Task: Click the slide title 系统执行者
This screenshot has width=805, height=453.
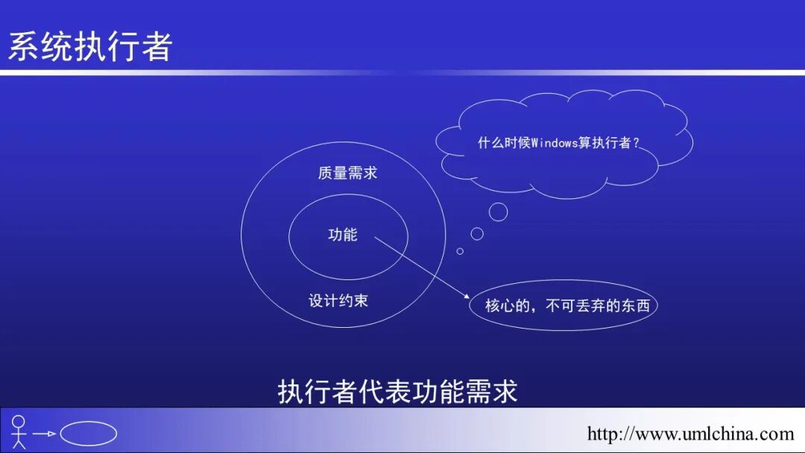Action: click(90, 46)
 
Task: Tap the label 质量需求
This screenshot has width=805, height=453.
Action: click(347, 173)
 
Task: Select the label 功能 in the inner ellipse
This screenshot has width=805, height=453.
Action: click(343, 235)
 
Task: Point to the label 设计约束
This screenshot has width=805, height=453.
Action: click(338, 301)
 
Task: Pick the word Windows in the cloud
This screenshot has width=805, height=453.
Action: click(554, 143)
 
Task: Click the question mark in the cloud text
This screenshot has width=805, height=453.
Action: click(636, 143)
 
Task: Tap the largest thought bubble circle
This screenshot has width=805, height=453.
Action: click(498, 212)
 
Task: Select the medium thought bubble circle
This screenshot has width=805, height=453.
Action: click(477, 234)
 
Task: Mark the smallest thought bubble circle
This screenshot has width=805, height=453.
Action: click(460, 251)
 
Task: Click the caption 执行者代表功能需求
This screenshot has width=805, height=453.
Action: click(397, 392)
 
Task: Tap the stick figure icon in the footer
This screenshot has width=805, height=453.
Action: click(19, 432)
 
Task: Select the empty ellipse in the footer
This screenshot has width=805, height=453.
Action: click(88, 434)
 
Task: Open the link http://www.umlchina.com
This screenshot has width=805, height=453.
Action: click(690, 434)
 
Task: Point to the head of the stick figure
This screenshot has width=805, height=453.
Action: click(19, 420)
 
